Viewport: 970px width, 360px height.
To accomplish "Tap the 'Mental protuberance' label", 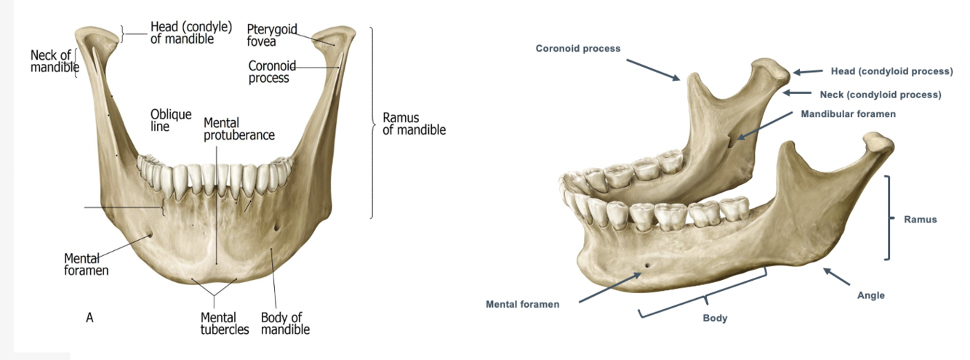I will click(239, 129).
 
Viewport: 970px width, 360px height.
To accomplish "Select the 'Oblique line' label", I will click(171, 120).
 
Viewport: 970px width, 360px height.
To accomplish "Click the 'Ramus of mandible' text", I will click(414, 124).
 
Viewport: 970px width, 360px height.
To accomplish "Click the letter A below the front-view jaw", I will click(89, 317).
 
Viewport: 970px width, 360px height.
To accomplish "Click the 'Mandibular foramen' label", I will click(848, 114).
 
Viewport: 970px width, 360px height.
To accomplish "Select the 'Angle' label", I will click(870, 295).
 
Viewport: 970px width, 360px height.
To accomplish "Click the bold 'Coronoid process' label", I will click(578, 49).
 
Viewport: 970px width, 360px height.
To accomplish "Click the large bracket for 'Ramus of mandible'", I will click(374, 123).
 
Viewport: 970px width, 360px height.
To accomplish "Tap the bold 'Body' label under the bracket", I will click(715, 318).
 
